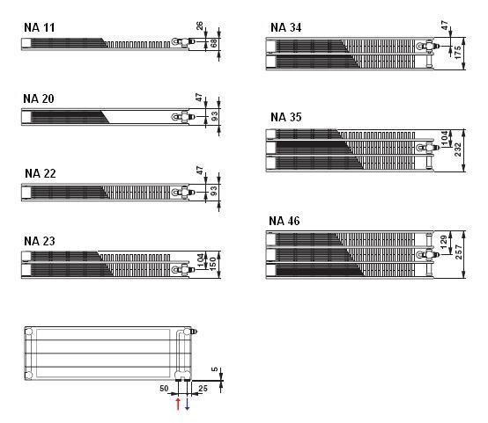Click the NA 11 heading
point(40,27)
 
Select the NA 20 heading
point(39,98)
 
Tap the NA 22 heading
point(41,173)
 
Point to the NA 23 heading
point(40,241)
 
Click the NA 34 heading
point(285,27)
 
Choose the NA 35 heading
point(286,117)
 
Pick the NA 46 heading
point(285,221)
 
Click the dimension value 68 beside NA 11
point(214,43)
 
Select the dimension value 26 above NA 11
point(199,26)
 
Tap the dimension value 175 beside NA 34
point(457,53)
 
